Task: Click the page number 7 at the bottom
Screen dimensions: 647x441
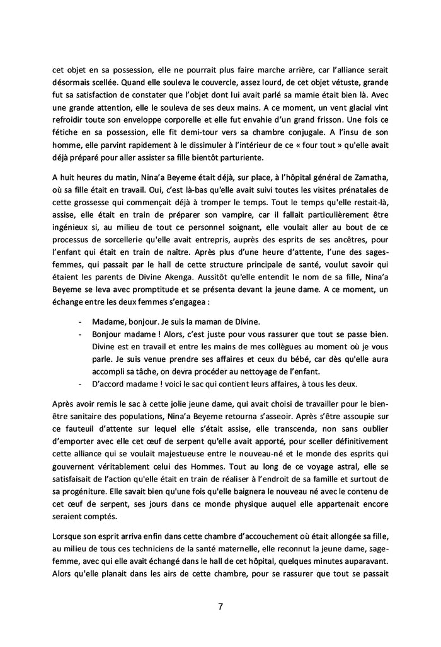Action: point(220,607)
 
